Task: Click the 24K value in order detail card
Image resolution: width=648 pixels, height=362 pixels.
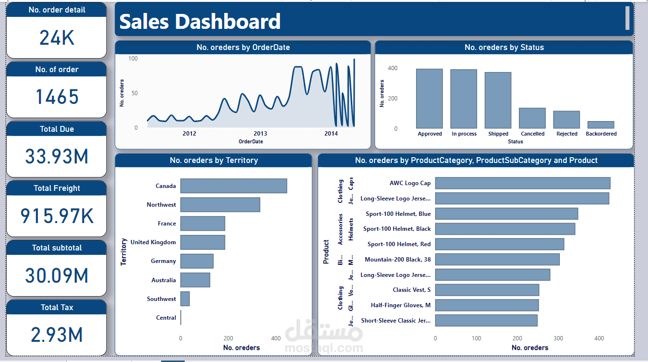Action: [x=57, y=37]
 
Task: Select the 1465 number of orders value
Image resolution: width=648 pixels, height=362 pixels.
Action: [x=57, y=97]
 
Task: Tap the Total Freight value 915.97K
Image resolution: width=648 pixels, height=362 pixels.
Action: [x=57, y=216]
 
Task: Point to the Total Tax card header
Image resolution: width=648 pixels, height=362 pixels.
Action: [x=57, y=308]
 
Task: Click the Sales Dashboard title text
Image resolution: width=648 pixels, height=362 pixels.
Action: [x=200, y=22]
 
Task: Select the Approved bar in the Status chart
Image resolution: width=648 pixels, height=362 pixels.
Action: [x=429, y=98]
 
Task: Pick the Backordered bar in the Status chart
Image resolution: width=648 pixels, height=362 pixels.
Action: [x=600, y=125]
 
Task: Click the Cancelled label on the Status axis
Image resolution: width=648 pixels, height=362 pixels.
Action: [x=532, y=134]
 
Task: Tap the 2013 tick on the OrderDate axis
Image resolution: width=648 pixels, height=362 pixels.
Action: [x=260, y=134]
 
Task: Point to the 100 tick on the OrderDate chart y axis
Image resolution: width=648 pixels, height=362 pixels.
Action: [x=132, y=59]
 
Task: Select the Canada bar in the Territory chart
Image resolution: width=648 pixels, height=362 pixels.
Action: [x=233, y=186]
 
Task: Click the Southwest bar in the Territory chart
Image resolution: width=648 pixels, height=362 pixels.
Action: [x=185, y=299]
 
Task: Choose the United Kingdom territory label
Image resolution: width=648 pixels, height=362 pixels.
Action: [x=153, y=242]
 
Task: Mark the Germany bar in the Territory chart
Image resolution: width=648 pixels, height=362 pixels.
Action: [x=197, y=261]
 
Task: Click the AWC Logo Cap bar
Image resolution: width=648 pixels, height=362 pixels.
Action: [x=522, y=183]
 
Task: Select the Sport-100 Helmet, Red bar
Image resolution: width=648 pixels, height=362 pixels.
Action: [x=499, y=244]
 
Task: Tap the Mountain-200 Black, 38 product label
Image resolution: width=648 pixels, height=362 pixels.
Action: [x=397, y=260]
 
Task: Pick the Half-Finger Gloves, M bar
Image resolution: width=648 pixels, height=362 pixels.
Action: [x=487, y=305]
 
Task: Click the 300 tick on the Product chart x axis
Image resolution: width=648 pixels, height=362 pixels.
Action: [x=558, y=338]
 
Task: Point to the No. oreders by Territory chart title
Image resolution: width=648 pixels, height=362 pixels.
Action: [x=214, y=161]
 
